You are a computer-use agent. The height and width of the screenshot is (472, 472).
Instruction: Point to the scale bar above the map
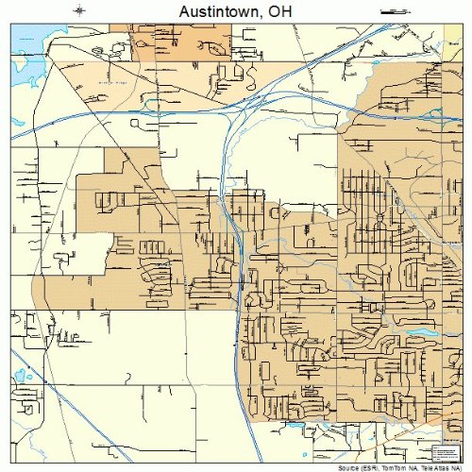[x=393, y=11]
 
